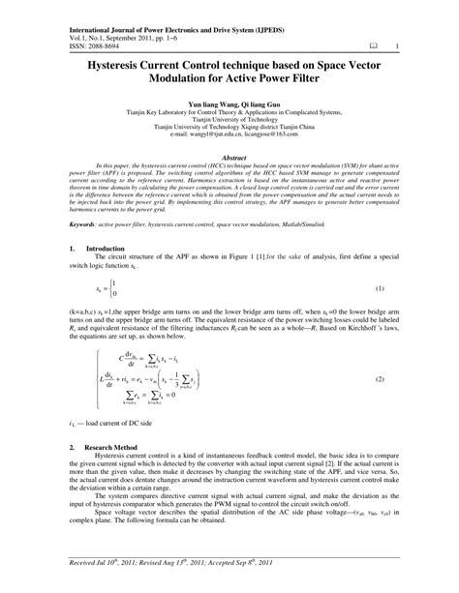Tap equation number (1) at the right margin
tap(380, 315)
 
